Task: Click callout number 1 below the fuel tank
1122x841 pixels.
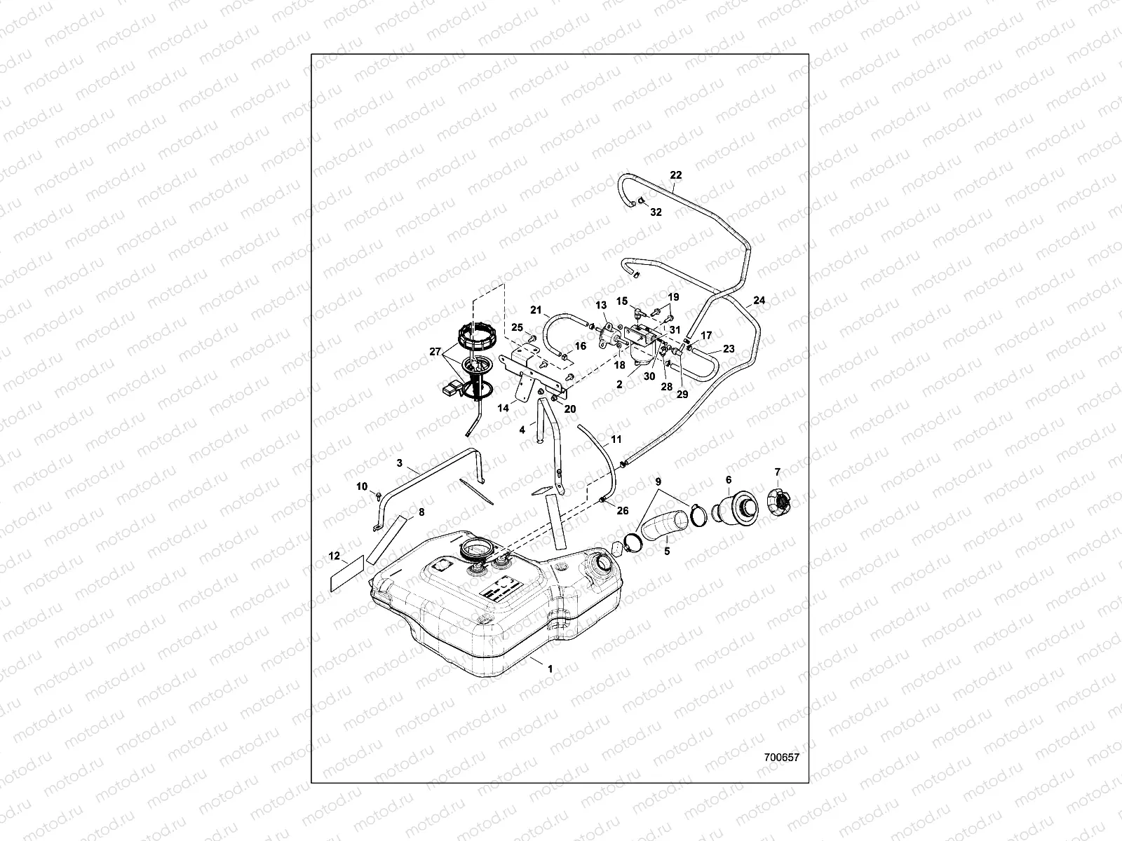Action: tap(550, 669)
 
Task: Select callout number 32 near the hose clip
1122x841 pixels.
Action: tap(655, 212)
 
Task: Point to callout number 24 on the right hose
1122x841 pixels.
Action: tap(759, 301)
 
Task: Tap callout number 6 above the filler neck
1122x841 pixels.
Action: tap(729, 479)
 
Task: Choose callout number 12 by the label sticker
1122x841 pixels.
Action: tap(334, 556)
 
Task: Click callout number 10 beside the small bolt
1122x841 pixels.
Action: tap(362, 486)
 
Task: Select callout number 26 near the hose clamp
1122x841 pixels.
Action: tap(622, 510)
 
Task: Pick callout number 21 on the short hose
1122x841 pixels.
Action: tap(536, 310)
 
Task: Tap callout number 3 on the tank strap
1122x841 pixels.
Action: tap(399, 463)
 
